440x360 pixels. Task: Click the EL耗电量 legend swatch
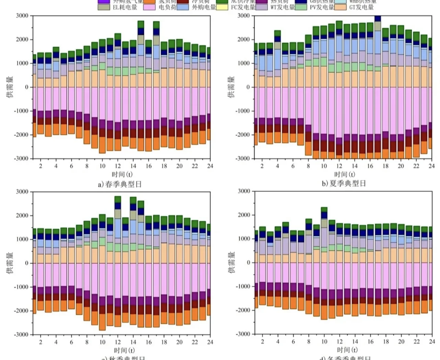(104, 7)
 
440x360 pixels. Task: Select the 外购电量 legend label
(204, 7)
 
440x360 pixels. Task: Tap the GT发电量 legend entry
(361, 7)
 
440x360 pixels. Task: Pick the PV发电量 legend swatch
(301, 7)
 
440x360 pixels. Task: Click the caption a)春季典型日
(120, 184)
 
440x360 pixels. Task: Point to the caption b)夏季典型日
(344, 183)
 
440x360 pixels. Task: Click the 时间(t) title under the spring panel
(122, 174)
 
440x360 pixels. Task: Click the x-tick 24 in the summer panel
(431, 166)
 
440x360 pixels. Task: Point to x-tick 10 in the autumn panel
(102, 342)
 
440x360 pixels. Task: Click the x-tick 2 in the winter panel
(263, 341)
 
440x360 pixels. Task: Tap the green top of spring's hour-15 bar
(141, 24)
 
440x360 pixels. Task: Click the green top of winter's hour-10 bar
(324, 209)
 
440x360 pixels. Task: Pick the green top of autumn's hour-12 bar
(118, 199)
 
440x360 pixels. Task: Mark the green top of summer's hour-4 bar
(277, 33)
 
